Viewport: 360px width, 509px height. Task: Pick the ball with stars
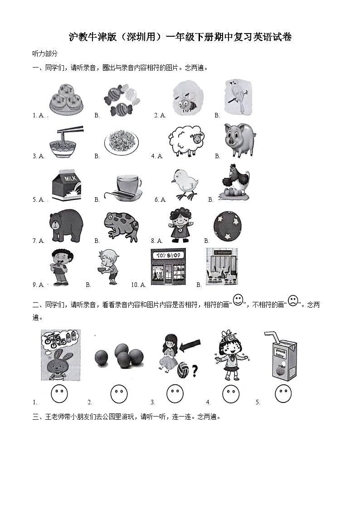click(227, 226)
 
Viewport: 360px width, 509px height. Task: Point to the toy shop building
click(168, 267)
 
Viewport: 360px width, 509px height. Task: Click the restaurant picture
click(222, 267)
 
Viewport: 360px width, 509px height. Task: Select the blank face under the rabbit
click(59, 393)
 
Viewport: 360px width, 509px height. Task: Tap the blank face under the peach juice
click(283, 393)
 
